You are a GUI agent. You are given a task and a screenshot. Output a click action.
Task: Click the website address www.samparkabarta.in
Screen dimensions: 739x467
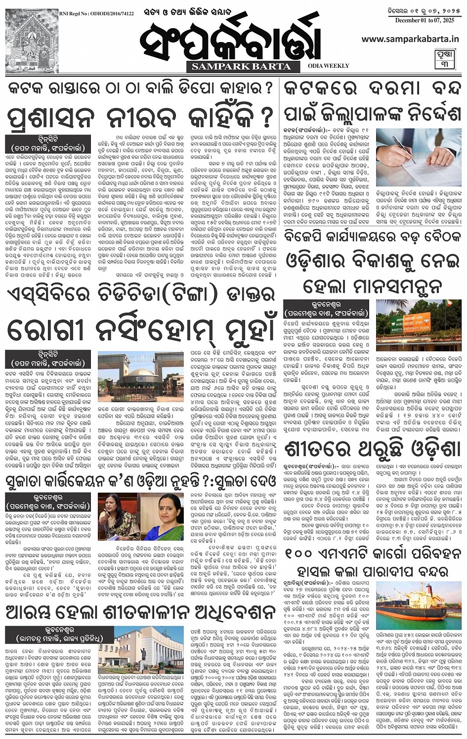[410, 39]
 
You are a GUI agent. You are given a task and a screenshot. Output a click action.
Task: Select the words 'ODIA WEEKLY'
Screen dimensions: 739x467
[328, 65]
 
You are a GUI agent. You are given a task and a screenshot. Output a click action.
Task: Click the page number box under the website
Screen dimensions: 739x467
[444, 59]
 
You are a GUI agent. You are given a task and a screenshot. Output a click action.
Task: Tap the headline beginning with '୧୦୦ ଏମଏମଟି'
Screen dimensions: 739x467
[373, 562]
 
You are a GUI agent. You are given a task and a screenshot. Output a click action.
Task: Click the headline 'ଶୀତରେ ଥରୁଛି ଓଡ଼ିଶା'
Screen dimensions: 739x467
[373, 450]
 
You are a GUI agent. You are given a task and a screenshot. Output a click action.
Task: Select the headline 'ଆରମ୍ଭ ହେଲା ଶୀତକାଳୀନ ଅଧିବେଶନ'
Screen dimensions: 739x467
[140, 613]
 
